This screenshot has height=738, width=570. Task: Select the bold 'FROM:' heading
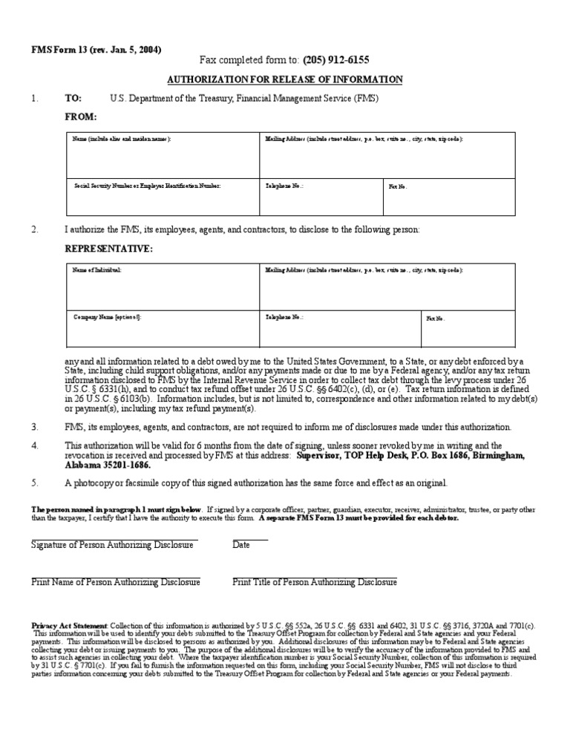[81, 117]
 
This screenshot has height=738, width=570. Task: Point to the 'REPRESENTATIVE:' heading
[108, 249]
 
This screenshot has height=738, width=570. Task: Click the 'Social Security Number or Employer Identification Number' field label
[147, 186]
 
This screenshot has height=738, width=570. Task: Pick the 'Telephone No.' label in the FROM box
[284, 186]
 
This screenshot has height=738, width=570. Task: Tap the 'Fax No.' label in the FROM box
[399, 186]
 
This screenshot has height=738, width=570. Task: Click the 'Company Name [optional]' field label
[108, 317]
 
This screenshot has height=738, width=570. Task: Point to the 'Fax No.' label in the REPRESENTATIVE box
[436, 319]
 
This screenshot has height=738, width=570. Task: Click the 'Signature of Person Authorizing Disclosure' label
[112, 545]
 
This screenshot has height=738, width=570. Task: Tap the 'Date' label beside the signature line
[241, 545]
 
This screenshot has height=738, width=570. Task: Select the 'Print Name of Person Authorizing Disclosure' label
[116, 582]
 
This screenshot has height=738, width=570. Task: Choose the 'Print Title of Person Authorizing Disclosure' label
[315, 582]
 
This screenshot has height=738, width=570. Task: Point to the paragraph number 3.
[34, 427]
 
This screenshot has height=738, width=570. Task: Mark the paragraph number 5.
[34, 483]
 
